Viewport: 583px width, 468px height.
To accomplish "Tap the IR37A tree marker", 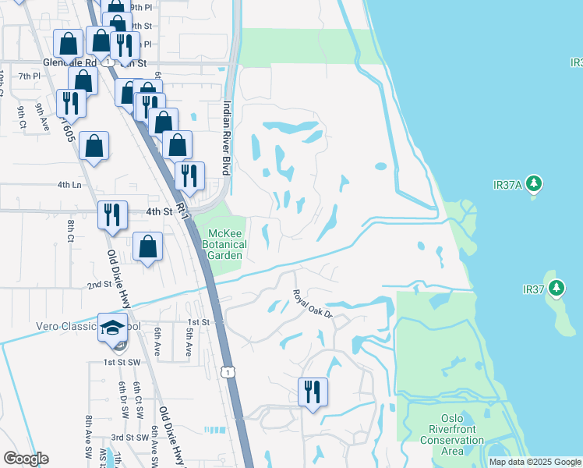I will pyautogui.click(x=534, y=184).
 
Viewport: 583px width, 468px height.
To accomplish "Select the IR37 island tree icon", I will pyautogui.click(x=556, y=289).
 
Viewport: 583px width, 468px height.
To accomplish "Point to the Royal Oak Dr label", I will pyautogui.click(x=313, y=303).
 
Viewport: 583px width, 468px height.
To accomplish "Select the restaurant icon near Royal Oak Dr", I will pyautogui.click(x=313, y=392).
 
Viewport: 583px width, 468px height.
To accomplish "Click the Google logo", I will pyautogui.click(x=26, y=459).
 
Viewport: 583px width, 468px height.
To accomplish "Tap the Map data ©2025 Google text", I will pyautogui.click(x=535, y=462).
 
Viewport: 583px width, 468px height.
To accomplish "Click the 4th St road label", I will pyautogui.click(x=158, y=211).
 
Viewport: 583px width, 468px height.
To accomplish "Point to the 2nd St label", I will pyautogui.click(x=99, y=285).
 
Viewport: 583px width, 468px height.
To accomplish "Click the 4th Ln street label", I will pyautogui.click(x=69, y=185).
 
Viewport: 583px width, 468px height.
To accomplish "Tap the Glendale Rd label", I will pyautogui.click(x=69, y=62).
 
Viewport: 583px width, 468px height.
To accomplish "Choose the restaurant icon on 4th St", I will pyautogui.click(x=112, y=214).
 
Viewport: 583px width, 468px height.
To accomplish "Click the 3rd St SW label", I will pyautogui.click(x=129, y=438).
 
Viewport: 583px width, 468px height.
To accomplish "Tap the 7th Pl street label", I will pyautogui.click(x=29, y=76).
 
